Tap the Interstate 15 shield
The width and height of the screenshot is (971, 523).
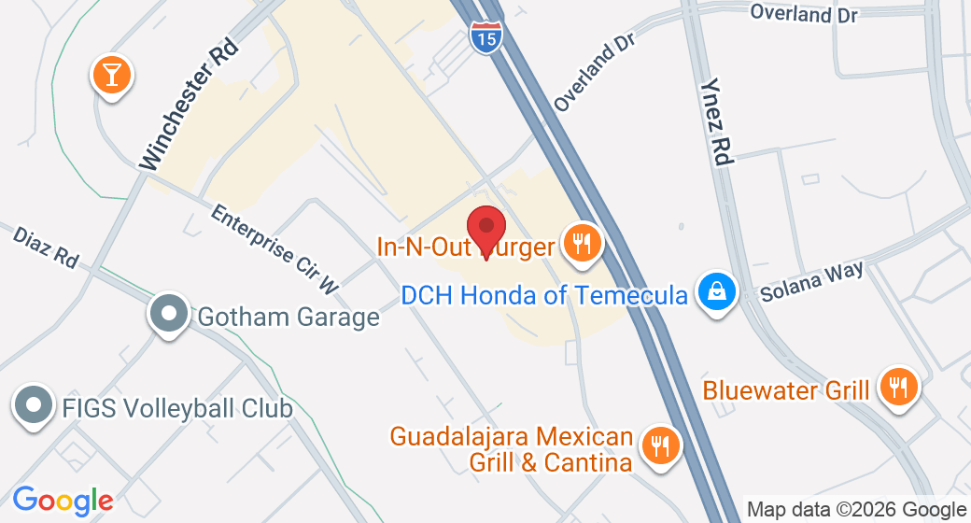point(485,35)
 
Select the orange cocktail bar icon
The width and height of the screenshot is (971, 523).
point(112,75)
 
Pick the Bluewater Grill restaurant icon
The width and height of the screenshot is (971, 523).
point(898,388)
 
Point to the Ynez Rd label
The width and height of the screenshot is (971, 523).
point(715,122)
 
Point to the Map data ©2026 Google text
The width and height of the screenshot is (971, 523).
point(855,510)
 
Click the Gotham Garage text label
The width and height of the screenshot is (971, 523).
point(288,317)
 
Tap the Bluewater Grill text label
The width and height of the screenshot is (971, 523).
point(786,389)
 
